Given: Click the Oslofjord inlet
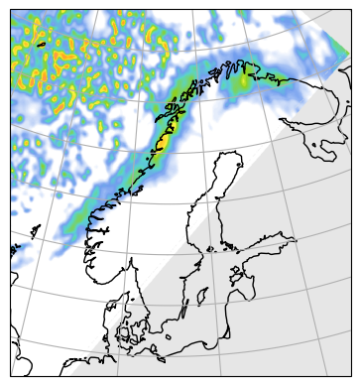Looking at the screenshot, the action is click(x=127, y=256).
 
